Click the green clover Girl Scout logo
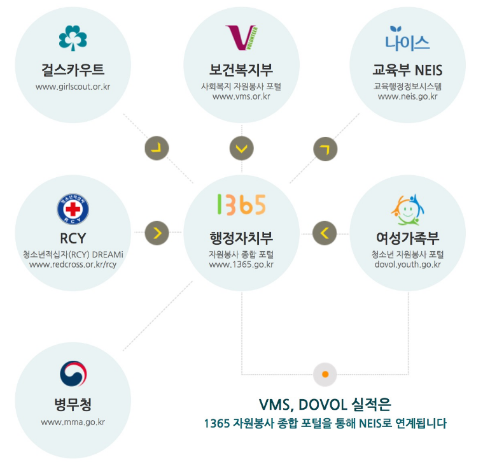[x=73, y=38]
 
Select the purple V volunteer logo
[x=241, y=38]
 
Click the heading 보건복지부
[x=241, y=69]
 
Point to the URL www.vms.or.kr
[x=241, y=96]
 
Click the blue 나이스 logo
[x=407, y=39]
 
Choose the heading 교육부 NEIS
[x=407, y=69]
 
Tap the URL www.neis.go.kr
[x=407, y=96]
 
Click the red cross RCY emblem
[x=73, y=209]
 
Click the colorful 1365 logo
[x=241, y=205]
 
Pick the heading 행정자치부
[x=241, y=238]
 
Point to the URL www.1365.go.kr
[x=241, y=264]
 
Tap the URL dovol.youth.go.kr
[x=407, y=264]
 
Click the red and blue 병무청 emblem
[x=73, y=374]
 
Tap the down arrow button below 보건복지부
[x=241, y=149]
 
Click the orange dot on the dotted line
[x=325, y=374]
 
